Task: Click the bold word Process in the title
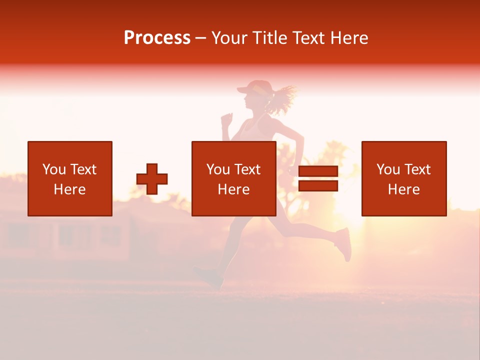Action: tap(157, 38)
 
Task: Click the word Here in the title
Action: tap(349, 38)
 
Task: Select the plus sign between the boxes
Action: tap(152, 178)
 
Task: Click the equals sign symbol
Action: tap(318, 178)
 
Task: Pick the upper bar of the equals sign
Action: tap(318, 172)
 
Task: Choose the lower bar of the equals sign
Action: tap(318, 185)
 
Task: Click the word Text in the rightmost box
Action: tap(417, 169)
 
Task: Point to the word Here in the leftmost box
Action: tap(69, 189)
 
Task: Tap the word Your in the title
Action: tap(229, 38)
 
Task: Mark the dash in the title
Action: tap(200, 38)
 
